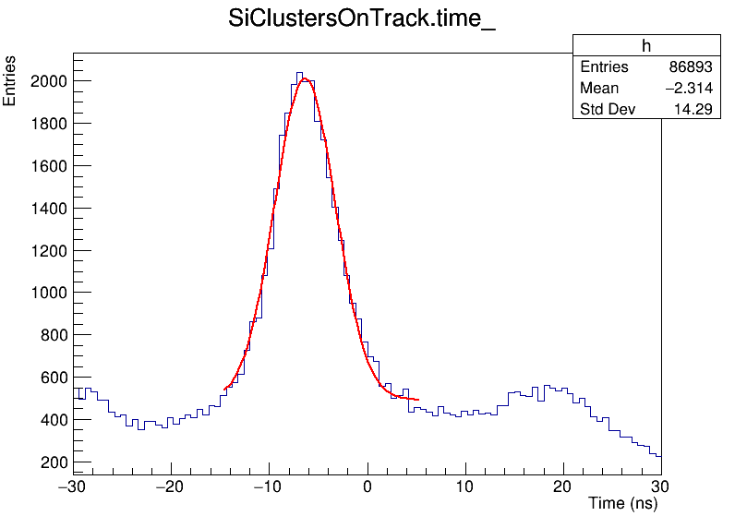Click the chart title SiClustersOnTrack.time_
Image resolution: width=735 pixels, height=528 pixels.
(x=362, y=21)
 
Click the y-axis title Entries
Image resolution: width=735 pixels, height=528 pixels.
(x=10, y=81)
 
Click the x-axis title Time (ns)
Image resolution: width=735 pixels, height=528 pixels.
(x=622, y=504)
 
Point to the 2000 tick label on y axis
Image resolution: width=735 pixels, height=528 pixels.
(x=47, y=81)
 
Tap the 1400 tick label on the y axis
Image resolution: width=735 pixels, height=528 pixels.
(x=47, y=209)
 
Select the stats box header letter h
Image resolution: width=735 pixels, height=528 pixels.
(x=646, y=47)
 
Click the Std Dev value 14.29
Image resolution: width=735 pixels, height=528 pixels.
(x=694, y=110)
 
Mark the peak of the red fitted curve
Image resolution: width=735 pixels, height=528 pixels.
(x=305, y=79)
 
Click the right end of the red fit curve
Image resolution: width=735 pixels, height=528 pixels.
(x=418, y=400)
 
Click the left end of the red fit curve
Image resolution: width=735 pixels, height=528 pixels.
(x=224, y=389)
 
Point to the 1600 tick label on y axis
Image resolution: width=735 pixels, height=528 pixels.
(x=47, y=166)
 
